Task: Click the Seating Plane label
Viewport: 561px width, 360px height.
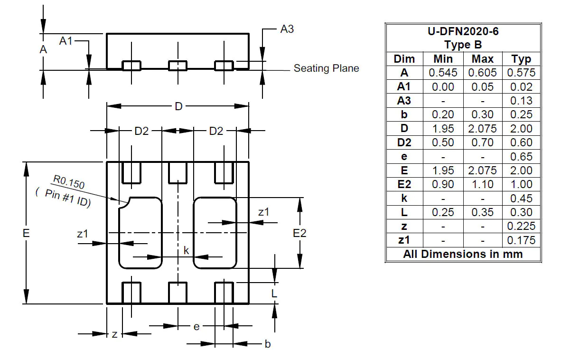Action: [x=326, y=68]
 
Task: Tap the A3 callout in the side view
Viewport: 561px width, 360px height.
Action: [x=287, y=29]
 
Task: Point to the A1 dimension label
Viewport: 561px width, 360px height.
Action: [x=65, y=41]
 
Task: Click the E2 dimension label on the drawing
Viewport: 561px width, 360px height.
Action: [x=299, y=233]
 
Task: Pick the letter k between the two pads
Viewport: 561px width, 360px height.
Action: [x=187, y=250]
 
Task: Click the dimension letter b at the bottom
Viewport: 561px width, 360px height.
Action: [x=267, y=344]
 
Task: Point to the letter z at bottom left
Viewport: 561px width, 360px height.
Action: [x=114, y=334]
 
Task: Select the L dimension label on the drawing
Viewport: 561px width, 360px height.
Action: [x=274, y=294]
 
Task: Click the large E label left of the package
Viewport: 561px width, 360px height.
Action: [x=26, y=233]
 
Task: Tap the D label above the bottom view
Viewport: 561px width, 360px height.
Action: [x=178, y=106]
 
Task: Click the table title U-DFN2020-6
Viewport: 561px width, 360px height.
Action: [x=463, y=32]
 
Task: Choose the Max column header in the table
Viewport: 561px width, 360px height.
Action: [x=482, y=59]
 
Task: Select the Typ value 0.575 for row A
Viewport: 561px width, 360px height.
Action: [x=521, y=73]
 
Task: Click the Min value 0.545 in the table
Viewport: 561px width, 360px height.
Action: [x=443, y=73]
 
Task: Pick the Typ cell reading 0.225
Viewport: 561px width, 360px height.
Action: [x=521, y=226]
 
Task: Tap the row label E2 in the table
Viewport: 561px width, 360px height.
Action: [x=404, y=184]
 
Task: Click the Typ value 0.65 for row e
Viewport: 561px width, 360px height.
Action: [x=521, y=156]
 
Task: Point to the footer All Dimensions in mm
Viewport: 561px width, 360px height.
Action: [x=463, y=254]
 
